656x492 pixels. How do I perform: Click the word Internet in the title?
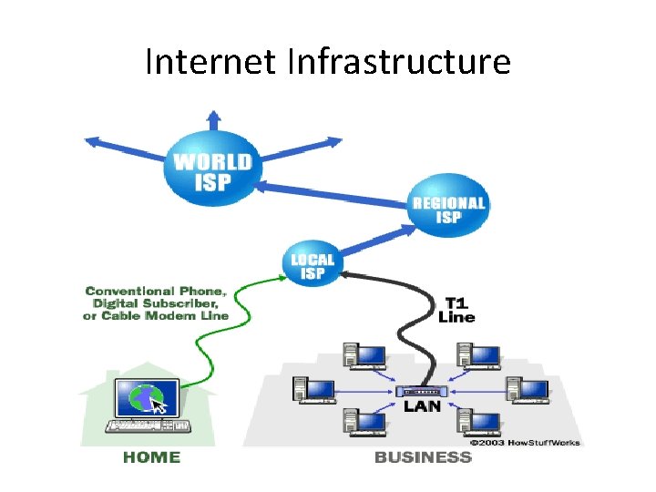click(x=211, y=62)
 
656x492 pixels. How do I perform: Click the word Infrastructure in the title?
click(x=399, y=62)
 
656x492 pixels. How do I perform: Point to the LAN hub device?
click(x=422, y=391)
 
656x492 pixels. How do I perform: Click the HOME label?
click(x=152, y=457)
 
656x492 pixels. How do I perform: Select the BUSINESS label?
click(x=423, y=457)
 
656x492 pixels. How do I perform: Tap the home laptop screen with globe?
click(x=143, y=398)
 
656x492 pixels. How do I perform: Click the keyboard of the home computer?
click(x=149, y=425)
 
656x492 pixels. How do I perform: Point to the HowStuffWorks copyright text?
click(x=525, y=443)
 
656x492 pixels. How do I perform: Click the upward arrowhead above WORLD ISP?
click(x=213, y=117)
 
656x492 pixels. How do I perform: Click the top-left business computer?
click(x=363, y=355)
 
